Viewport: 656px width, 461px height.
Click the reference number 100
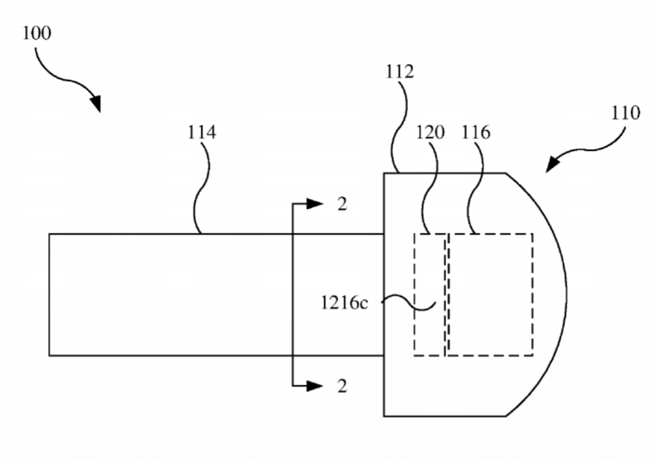[x=36, y=33]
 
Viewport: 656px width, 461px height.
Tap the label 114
[x=202, y=132]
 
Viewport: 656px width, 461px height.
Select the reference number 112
[x=400, y=71]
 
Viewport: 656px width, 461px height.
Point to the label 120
[x=430, y=132]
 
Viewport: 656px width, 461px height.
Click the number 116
[x=476, y=132]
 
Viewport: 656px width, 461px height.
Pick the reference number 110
[x=626, y=113]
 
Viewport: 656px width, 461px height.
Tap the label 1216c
[x=344, y=303]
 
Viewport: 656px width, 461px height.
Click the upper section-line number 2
[x=343, y=204]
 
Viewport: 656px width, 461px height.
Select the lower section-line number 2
[x=343, y=386]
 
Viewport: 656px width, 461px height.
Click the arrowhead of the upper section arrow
[x=314, y=204]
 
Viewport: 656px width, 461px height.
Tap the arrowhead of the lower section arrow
[x=314, y=386]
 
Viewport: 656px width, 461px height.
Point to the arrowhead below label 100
[x=96, y=103]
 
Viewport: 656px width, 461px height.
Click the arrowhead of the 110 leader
[x=552, y=164]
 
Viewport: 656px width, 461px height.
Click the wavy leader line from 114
[x=202, y=188]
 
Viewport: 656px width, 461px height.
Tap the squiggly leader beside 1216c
[x=409, y=303]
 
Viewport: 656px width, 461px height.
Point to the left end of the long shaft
[x=50, y=294]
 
